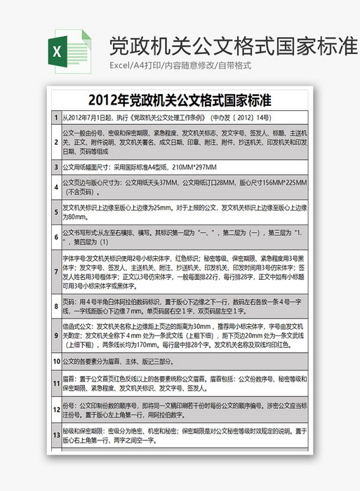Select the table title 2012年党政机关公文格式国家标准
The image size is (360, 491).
click(180, 98)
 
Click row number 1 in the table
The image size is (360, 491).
click(56, 118)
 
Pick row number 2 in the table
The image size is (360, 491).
click(56, 142)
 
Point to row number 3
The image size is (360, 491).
click(56, 168)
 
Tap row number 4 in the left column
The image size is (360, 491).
click(56, 187)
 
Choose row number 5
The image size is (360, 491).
click(56, 212)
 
